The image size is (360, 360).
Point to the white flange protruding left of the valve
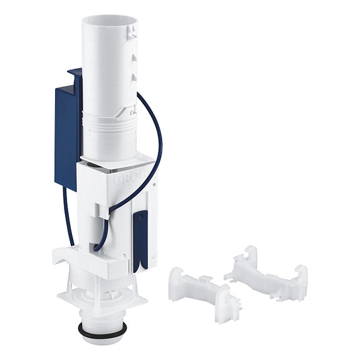tap(60, 257)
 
